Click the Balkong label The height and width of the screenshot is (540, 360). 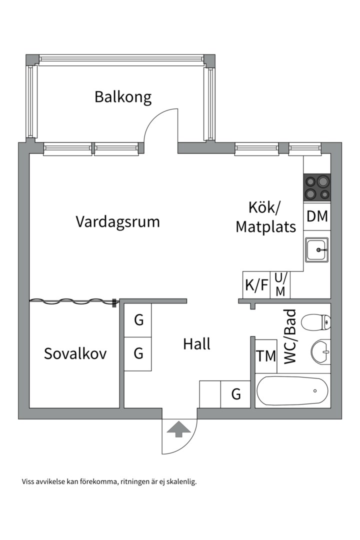(123, 96)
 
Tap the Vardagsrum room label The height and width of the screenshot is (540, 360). (117, 221)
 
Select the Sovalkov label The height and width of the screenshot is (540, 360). (75, 353)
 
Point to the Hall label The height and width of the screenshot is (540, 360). (196, 344)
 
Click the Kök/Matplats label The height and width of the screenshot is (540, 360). (265, 217)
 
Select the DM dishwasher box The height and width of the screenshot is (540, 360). (317, 216)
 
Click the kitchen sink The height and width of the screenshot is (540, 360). (317, 249)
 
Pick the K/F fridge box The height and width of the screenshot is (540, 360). (256, 285)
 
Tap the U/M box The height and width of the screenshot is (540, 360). (280, 285)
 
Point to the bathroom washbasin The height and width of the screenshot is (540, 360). (320, 351)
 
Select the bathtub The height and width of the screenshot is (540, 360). (292, 391)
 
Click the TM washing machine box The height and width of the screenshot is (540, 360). (266, 356)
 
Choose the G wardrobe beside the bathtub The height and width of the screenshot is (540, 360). (236, 394)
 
